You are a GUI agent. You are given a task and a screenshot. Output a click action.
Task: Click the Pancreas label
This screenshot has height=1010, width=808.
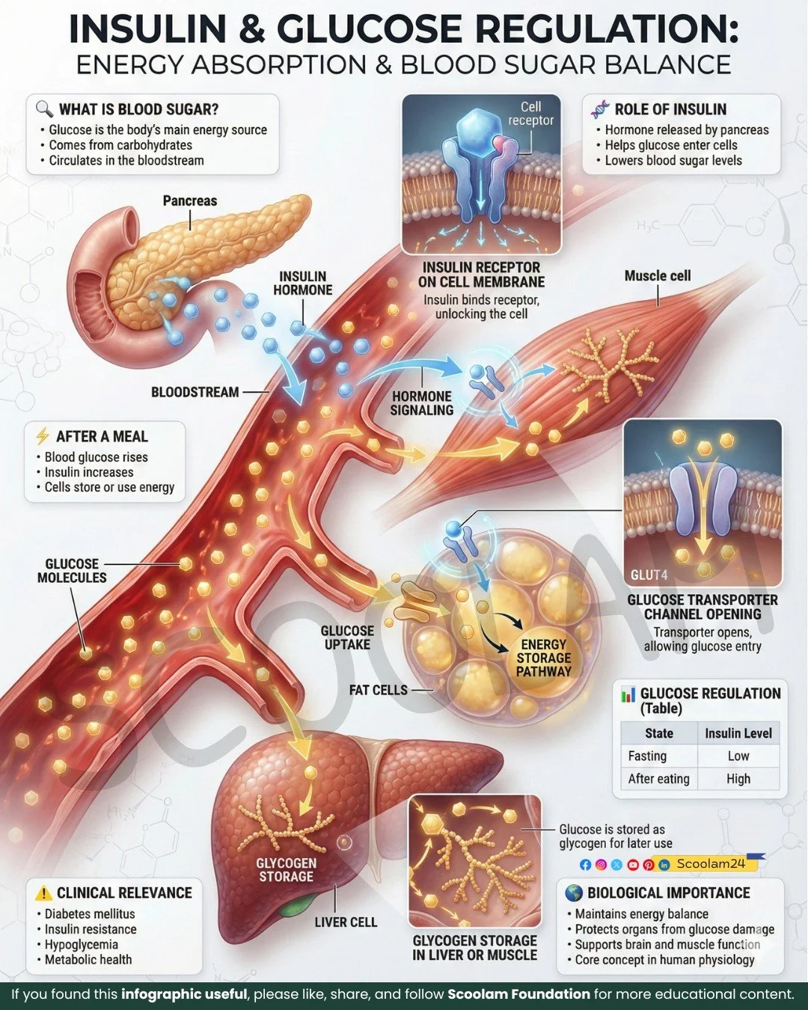(x=189, y=201)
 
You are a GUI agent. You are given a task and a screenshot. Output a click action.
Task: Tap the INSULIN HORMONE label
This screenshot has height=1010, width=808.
(x=302, y=284)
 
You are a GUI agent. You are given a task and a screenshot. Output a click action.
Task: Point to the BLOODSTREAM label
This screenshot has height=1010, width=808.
(x=195, y=392)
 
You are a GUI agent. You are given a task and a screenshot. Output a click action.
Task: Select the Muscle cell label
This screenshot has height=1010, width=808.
(x=657, y=276)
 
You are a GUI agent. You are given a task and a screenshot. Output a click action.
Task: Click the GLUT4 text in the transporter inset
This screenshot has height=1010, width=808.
(x=649, y=575)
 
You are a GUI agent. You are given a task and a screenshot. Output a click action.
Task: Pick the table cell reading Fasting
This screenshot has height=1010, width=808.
(x=647, y=756)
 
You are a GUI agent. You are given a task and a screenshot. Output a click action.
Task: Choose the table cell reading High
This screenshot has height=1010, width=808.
(x=738, y=779)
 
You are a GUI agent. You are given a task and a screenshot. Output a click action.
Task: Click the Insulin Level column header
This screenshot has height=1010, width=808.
(x=738, y=733)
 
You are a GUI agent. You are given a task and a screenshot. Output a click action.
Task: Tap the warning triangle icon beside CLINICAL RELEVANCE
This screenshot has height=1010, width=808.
(x=44, y=893)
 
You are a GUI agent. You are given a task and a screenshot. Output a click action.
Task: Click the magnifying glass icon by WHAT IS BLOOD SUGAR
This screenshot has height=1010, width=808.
(x=44, y=109)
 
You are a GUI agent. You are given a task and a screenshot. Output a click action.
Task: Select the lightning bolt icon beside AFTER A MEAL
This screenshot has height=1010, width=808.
(x=43, y=436)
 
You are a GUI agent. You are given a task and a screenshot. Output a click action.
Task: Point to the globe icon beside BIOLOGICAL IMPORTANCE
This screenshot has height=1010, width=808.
(x=574, y=893)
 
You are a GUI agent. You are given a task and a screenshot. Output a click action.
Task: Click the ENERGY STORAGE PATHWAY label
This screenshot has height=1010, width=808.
(x=543, y=658)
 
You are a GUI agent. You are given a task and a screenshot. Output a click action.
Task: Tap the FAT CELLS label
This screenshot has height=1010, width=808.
(x=378, y=690)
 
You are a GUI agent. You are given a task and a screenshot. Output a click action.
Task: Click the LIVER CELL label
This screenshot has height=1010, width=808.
(x=346, y=922)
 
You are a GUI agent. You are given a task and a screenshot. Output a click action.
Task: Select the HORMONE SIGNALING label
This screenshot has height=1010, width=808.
(x=422, y=403)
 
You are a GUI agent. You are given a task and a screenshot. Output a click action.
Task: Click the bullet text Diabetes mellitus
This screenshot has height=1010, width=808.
(x=90, y=913)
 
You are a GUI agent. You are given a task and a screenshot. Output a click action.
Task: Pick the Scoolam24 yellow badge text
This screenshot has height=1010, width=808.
(x=711, y=863)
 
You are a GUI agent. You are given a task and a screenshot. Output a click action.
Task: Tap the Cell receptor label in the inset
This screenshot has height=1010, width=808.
(x=530, y=114)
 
